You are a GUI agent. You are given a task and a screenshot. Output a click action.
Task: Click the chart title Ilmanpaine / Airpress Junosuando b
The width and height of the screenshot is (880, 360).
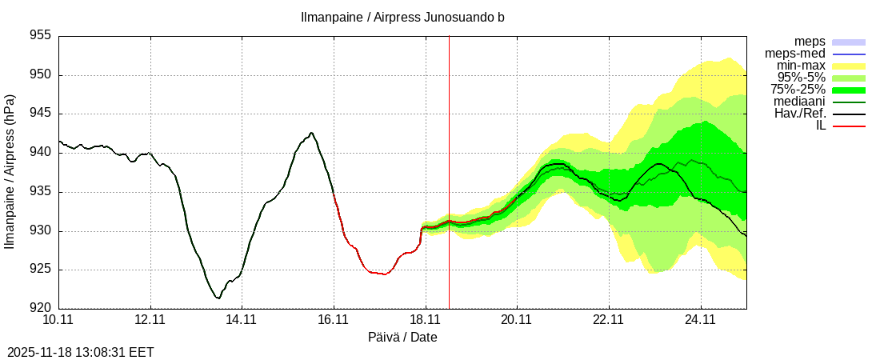[x=402, y=17]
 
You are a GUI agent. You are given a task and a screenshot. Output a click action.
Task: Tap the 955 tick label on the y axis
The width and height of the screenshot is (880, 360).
[x=39, y=36]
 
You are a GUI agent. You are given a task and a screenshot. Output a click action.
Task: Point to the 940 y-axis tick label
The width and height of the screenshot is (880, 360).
[x=39, y=153]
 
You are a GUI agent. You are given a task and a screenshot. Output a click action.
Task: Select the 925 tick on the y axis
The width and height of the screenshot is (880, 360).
[x=39, y=270]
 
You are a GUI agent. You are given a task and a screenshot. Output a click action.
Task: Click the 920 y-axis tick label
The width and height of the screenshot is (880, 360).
[x=39, y=308]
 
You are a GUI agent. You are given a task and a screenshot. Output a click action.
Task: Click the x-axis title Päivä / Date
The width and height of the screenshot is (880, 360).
[x=402, y=338]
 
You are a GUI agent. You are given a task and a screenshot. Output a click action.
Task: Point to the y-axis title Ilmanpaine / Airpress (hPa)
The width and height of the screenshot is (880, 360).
[x=10, y=172]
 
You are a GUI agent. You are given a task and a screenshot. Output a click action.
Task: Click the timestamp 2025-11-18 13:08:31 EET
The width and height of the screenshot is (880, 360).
[x=81, y=352]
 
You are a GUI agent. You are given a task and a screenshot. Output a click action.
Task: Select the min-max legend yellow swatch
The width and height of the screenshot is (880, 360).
[x=849, y=66]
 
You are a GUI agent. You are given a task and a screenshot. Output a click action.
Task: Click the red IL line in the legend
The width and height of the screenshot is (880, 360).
[x=849, y=126]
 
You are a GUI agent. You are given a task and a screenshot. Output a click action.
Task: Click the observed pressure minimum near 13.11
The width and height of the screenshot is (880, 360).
[x=218, y=298]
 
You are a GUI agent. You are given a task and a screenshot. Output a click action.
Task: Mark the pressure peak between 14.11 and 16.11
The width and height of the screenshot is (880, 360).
[x=311, y=133]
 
